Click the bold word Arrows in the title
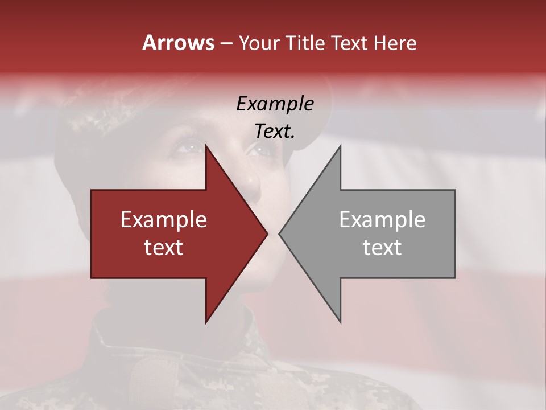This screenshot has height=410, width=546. [178, 43]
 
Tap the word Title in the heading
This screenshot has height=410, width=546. [305, 43]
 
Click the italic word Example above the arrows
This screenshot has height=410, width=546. [275, 104]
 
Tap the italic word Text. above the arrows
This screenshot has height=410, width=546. [275, 131]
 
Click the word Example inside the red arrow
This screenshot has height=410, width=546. [164, 219]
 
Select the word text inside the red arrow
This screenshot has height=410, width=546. [164, 248]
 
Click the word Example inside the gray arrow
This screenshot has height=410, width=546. [382, 219]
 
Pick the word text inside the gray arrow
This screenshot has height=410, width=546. [382, 248]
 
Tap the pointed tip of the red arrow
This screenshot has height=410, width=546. [267, 233]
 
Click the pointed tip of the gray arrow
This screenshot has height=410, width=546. [279, 233]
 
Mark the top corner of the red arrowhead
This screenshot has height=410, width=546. [206, 145]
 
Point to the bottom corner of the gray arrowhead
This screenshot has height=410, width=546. [341, 322]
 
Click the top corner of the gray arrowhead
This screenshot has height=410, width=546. [341, 145]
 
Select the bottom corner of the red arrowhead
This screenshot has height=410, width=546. [206, 322]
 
